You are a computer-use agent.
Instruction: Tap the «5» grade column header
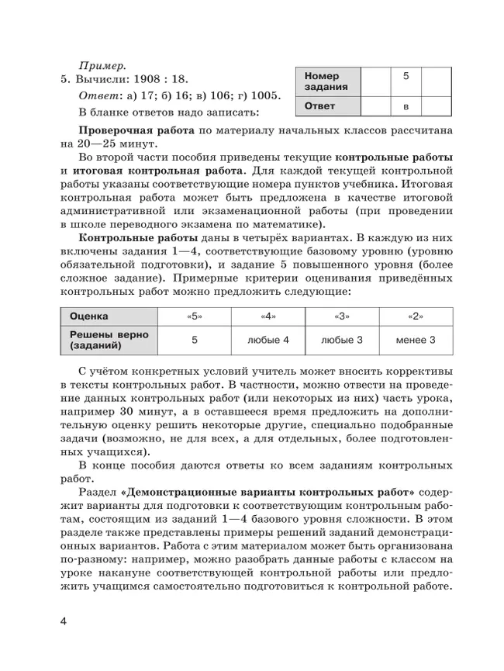(x=195, y=316)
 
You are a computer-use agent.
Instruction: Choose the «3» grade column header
(x=342, y=316)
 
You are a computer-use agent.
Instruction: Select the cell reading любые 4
(x=268, y=339)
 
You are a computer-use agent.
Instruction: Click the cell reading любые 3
(x=342, y=339)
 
